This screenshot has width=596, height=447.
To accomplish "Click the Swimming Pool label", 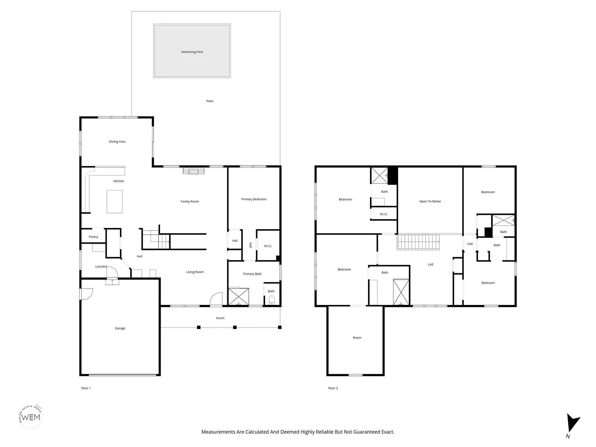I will [192, 52].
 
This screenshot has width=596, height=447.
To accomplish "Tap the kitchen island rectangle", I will [114, 202].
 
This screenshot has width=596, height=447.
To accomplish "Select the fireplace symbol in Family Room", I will [194, 171].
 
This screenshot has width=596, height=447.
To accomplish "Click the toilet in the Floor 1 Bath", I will [271, 299].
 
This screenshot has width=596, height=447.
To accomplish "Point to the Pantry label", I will [93, 237].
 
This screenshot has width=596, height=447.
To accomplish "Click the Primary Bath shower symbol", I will [238, 297].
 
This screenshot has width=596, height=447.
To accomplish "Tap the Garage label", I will [120, 328].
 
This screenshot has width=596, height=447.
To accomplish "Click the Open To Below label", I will [430, 201].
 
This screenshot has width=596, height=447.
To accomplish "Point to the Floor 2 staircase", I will [418, 242].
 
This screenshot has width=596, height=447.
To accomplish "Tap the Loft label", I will [431, 265].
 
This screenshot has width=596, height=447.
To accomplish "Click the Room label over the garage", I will [357, 338].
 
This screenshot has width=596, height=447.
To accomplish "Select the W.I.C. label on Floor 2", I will [384, 214].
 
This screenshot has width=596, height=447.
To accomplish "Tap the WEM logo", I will [31, 417].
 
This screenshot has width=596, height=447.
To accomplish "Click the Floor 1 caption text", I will [86, 388].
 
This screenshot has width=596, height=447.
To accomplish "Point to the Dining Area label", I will [117, 142].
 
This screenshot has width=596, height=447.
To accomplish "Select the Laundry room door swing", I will [112, 272].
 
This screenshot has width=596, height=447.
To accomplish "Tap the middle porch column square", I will [235, 327].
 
